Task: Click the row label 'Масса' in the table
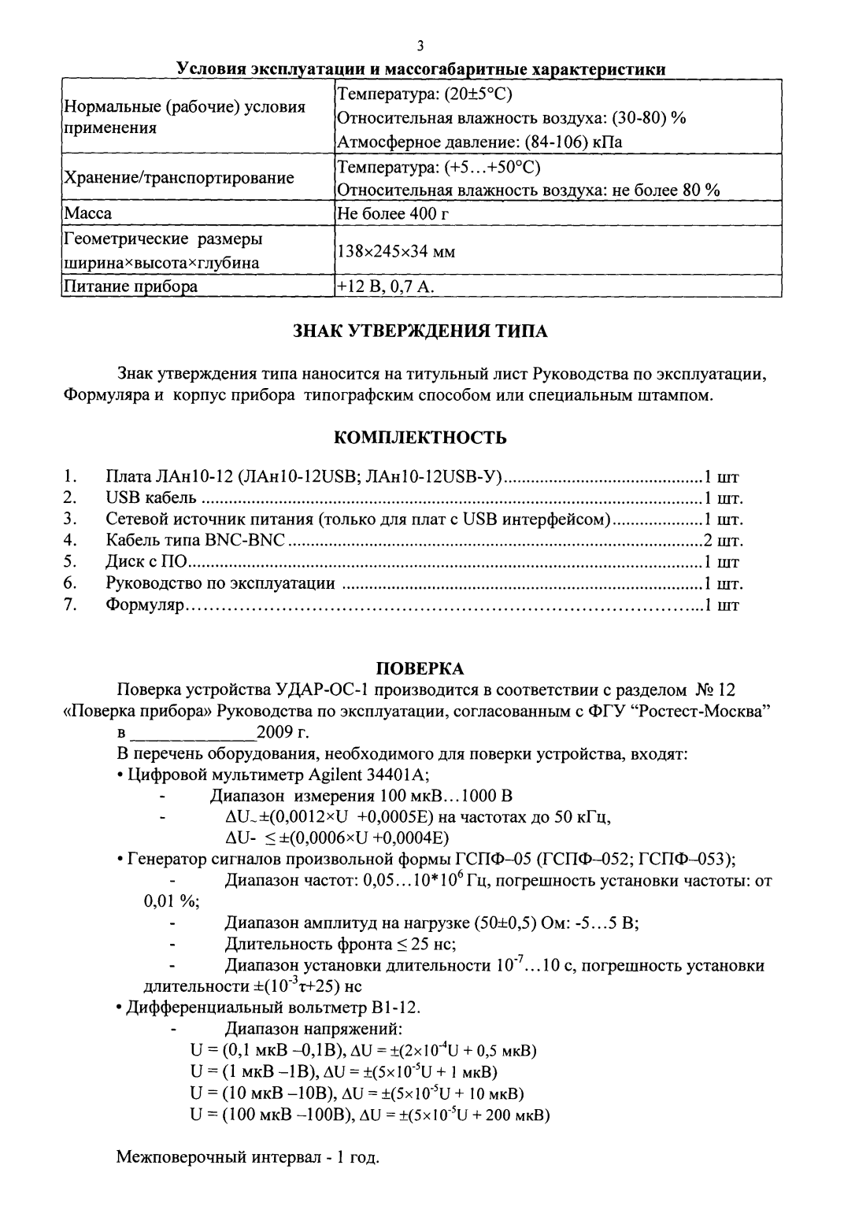[x=87, y=213]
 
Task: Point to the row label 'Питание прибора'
[x=130, y=287]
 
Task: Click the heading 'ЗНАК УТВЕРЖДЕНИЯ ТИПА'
[x=420, y=331]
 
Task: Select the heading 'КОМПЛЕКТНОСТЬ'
[x=420, y=437]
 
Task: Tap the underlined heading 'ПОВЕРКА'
[x=420, y=668]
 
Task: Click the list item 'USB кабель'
[x=150, y=498]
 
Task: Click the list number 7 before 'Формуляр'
[x=69, y=605]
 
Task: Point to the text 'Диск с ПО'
[x=148, y=562]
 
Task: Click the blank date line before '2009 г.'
[x=193, y=734]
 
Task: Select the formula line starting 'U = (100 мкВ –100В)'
[x=369, y=1115]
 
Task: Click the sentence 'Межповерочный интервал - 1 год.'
[x=248, y=1158]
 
